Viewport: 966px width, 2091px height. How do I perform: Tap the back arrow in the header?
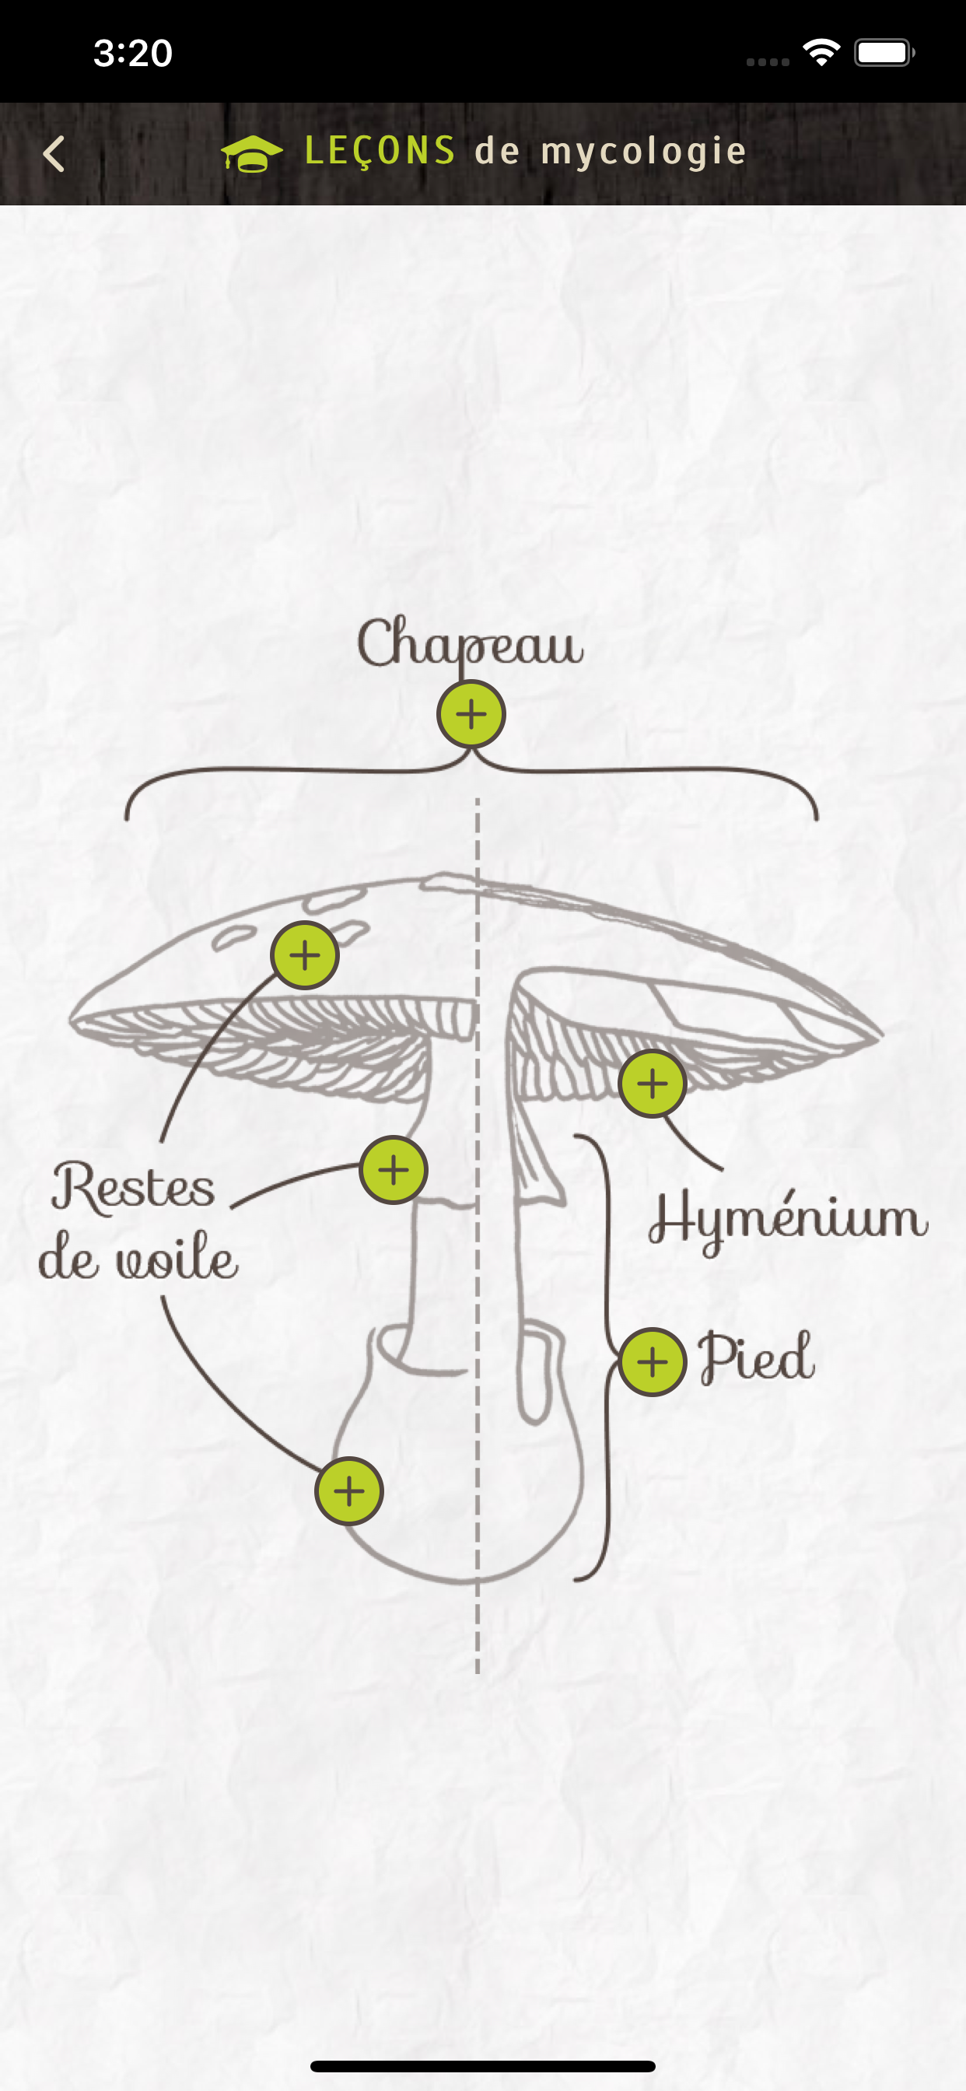pyautogui.click(x=54, y=153)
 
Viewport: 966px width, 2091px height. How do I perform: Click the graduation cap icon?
pyautogui.click(x=252, y=153)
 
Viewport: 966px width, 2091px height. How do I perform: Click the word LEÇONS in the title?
pyautogui.click(x=380, y=151)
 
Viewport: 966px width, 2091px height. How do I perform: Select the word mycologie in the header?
pyautogui.click(x=643, y=152)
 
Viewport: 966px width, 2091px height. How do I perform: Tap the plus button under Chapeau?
pyautogui.click(x=471, y=714)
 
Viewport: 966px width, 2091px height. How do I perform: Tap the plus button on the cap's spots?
pyautogui.click(x=304, y=955)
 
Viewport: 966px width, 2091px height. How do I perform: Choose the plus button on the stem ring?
pyautogui.click(x=394, y=1170)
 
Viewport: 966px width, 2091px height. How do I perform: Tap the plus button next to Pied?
pyautogui.click(x=653, y=1362)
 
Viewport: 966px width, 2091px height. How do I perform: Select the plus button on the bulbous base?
pyautogui.click(x=349, y=1491)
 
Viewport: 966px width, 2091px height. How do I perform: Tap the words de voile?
pyautogui.click(x=138, y=1256)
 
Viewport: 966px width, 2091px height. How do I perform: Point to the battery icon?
pyautogui.click(x=885, y=53)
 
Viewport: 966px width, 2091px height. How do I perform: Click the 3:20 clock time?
pyautogui.click(x=133, y=53)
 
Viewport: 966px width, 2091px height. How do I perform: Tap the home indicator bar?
pyautogui.click(x=483, y=2066)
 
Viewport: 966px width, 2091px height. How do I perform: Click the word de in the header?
pyautogui.click(x=497, y=151)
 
